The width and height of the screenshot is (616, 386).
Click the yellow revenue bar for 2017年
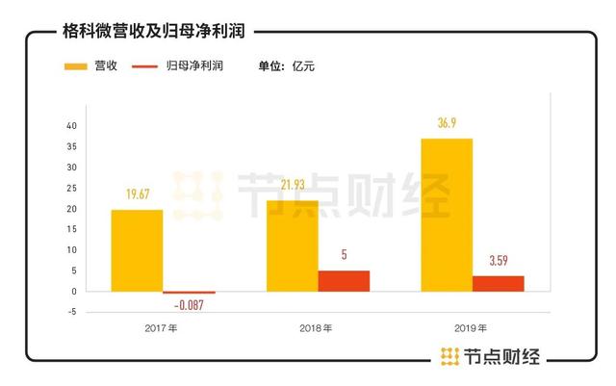coord(137,250)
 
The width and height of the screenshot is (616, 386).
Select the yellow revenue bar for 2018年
coord(293,245)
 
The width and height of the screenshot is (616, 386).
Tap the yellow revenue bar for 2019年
coord(448,215)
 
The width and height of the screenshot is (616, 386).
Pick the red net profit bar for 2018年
coord(344,280)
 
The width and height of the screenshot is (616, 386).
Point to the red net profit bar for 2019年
coord(498,283)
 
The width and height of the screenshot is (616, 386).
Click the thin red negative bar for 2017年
coord(189,293)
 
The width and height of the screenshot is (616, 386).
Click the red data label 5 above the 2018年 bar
coord(344,255)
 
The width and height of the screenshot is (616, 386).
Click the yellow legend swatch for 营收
coord(76,66)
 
